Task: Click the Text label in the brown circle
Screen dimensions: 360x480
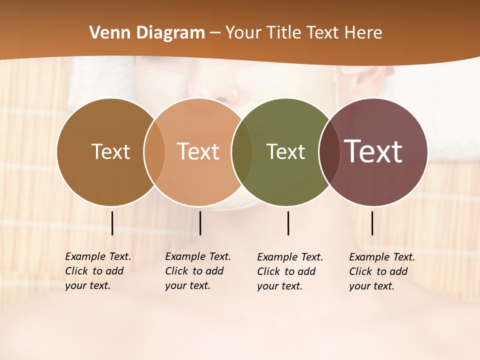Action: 110,151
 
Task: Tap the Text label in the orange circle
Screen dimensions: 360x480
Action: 198,151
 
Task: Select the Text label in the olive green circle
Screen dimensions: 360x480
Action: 285,152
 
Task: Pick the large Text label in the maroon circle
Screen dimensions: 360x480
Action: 373,151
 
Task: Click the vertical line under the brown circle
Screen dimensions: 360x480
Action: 112,223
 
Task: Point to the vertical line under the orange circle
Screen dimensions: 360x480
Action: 200,223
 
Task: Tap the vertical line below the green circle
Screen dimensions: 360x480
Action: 288,223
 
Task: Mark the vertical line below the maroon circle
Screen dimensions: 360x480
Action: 372,223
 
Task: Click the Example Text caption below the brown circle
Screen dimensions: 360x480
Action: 97,271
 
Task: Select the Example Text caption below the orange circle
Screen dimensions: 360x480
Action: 197,271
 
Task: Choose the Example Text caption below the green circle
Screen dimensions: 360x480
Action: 289,271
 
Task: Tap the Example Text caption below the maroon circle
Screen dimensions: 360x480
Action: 381,271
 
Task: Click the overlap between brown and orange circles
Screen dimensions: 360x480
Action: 154,152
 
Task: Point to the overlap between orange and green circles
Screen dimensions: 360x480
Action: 242,152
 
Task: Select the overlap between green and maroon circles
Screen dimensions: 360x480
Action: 329,152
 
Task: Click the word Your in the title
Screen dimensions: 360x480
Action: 243,33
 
